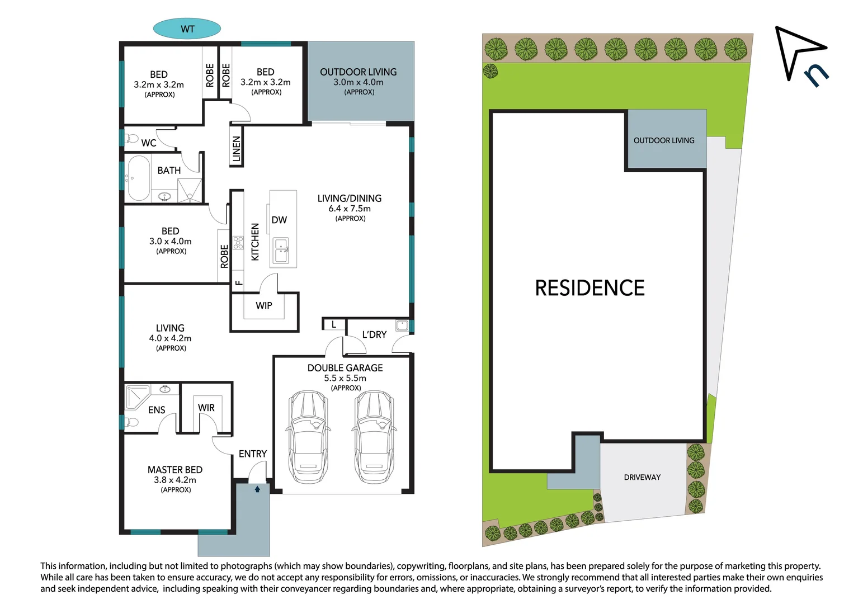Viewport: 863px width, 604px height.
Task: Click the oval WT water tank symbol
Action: [187, 29]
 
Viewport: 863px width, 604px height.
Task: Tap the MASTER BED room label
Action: [175, 470]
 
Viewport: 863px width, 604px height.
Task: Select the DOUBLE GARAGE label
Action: [345, 368]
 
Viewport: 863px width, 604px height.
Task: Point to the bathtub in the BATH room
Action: [139, 178]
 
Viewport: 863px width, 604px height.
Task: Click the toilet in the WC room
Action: [131, 138]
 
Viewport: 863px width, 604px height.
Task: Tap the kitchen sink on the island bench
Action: [281, 251]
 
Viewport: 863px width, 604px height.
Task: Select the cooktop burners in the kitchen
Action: [238, 243]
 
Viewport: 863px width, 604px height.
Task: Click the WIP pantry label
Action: [264, 306]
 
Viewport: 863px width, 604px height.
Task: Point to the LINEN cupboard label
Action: [237, 149]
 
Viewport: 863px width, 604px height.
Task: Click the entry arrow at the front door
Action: [257, 489]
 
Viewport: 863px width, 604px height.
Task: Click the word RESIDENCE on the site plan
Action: [590, 288]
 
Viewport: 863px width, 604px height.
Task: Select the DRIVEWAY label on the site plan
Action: [642, 478]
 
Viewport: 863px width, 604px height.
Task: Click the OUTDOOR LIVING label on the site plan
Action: [664, 141]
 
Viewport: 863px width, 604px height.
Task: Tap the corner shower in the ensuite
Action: [136, 395]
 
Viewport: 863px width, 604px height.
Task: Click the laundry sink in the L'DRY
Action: [402, 325]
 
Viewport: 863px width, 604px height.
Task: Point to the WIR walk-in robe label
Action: [206, 408]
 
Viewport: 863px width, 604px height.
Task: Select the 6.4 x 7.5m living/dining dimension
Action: [350, 209]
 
